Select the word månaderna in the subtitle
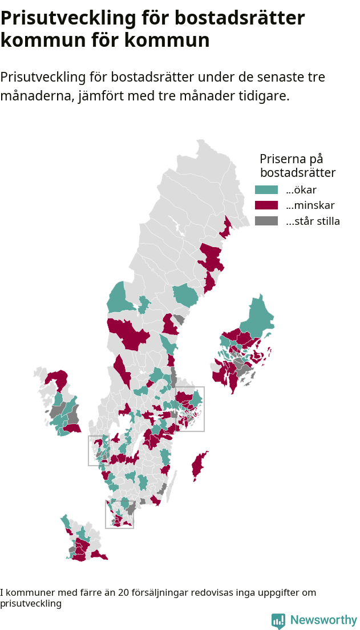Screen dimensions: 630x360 pyautogui.click(x=35, y=96)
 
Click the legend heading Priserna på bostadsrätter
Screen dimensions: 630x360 pyautogui.click(x=297, y=165)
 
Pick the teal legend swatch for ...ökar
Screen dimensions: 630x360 pyautogui.click(x=266, y=190)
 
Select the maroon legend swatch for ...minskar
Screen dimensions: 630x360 pyautogui.click(x=266, y=205)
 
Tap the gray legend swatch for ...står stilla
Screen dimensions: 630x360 pyautogui.click(x=266, y=221)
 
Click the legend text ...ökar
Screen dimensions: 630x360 pyautogui.click(x=301, y=190)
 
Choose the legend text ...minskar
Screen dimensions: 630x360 pyautogui.click(x=310, y=205)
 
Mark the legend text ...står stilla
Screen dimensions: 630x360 pyautogui.click(x=313, y=221)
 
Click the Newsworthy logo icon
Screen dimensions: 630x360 pyautogui.click(x=278, y=621)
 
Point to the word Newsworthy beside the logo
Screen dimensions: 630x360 pyautogui.click(x=323, y=620)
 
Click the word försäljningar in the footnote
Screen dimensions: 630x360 pyautogui.click(x=159, y=593)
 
